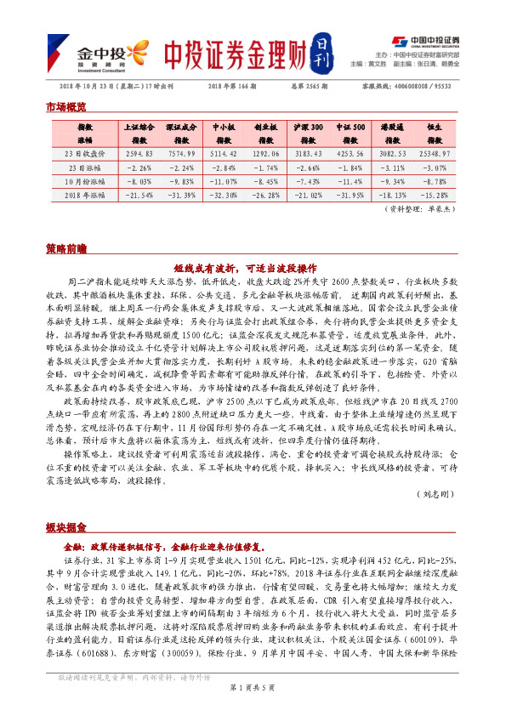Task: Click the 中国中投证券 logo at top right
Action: coord(425,40)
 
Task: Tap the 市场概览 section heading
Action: coord(65,108)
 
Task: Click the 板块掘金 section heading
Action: coord(65,526)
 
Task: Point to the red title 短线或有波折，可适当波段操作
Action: coord(251,265)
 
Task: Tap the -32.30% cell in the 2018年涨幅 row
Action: coord(223,195)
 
